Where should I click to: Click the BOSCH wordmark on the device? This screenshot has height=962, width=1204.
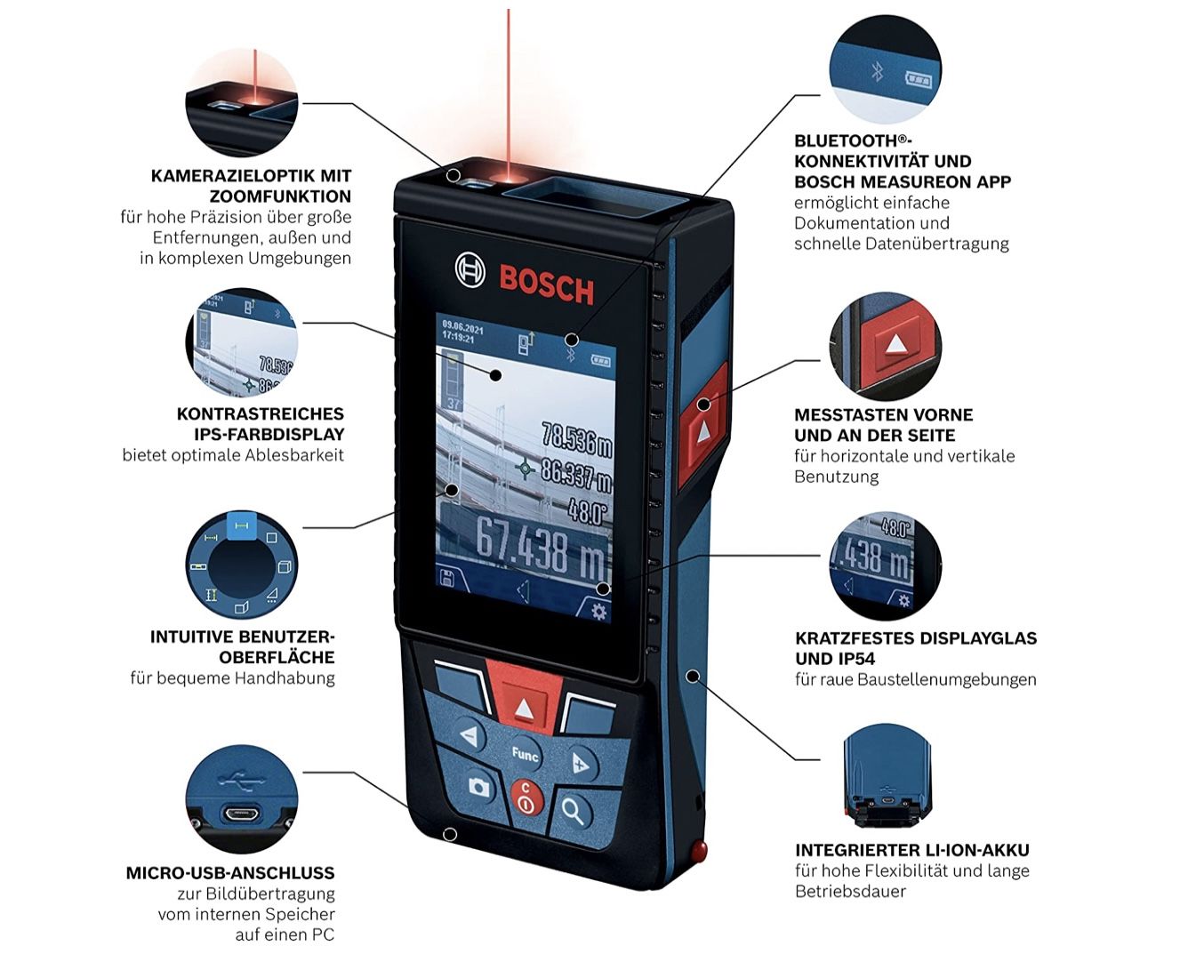coord(546,285)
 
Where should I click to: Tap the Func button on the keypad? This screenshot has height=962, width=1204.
coord(525,754)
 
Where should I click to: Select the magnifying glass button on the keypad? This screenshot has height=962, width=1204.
coord(574,810)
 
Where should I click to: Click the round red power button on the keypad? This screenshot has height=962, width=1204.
coord(526,798)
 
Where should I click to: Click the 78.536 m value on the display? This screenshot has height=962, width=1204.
coord(576,438)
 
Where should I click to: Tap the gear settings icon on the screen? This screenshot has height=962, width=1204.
coord(598,612)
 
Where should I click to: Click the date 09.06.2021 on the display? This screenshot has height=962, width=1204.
coord(463,326)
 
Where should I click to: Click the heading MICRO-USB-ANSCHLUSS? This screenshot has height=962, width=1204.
coord(230,872)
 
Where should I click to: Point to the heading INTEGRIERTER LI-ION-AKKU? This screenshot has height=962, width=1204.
coord(912,849)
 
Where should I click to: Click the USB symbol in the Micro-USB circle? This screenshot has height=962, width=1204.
coord(241,781)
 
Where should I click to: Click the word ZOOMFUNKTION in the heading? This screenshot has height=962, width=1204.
coord(280,196)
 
